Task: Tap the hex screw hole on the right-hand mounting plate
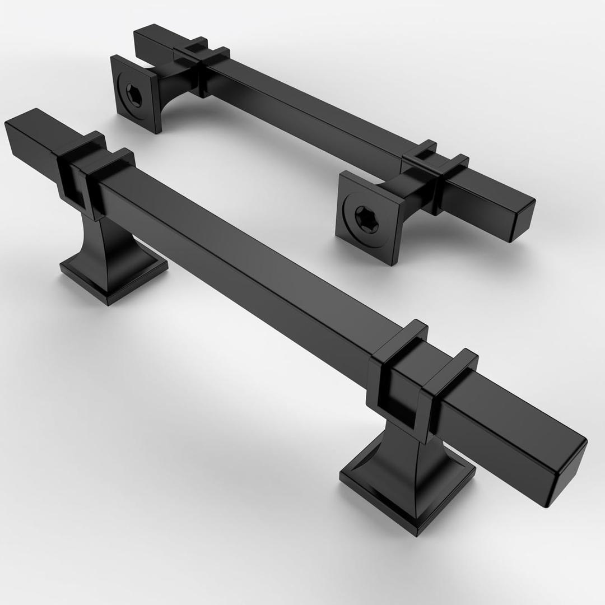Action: coord(366,217)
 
